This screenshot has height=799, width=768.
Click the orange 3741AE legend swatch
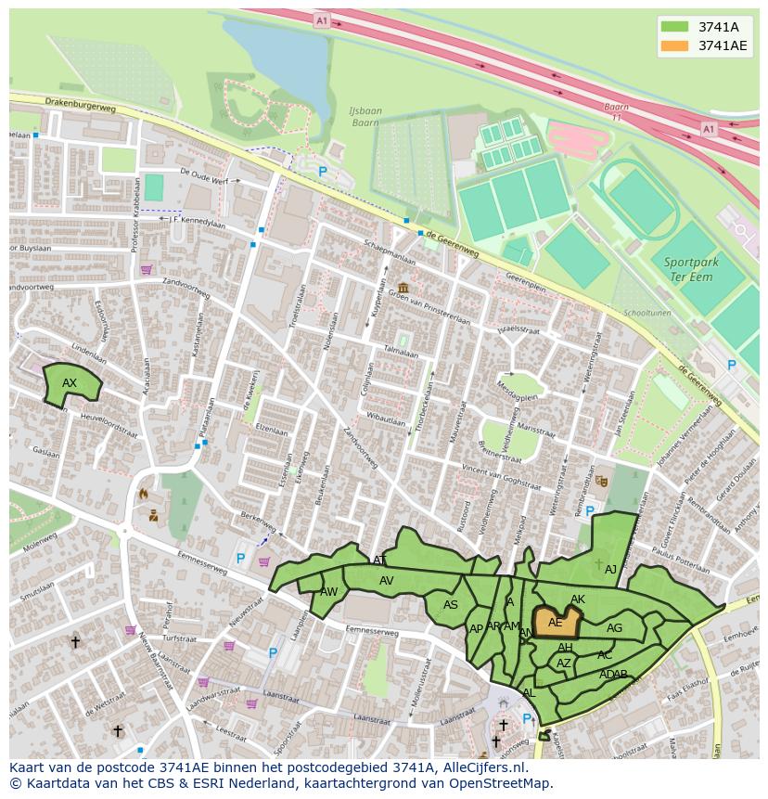[674, 45]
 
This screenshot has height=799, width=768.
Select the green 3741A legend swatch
[674, 27]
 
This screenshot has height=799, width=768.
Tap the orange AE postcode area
[557, 622]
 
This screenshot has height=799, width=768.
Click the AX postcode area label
[70, 383]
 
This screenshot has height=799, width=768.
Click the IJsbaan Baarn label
[365, 117]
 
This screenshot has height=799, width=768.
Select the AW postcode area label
[328, 592]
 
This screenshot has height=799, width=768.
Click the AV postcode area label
[387, 581]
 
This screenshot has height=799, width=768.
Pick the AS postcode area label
[451, 605]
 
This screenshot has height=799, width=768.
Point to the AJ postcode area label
[610, 570]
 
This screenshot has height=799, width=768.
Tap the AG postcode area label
[614, 628]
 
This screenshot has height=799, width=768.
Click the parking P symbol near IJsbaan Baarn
[323, 172]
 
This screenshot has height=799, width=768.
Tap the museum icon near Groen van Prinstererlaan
[403, 288]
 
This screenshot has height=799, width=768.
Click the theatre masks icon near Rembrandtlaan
[601, 481]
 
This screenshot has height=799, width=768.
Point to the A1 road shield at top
[321, 19]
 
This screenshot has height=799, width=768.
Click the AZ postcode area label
[563, 664]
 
